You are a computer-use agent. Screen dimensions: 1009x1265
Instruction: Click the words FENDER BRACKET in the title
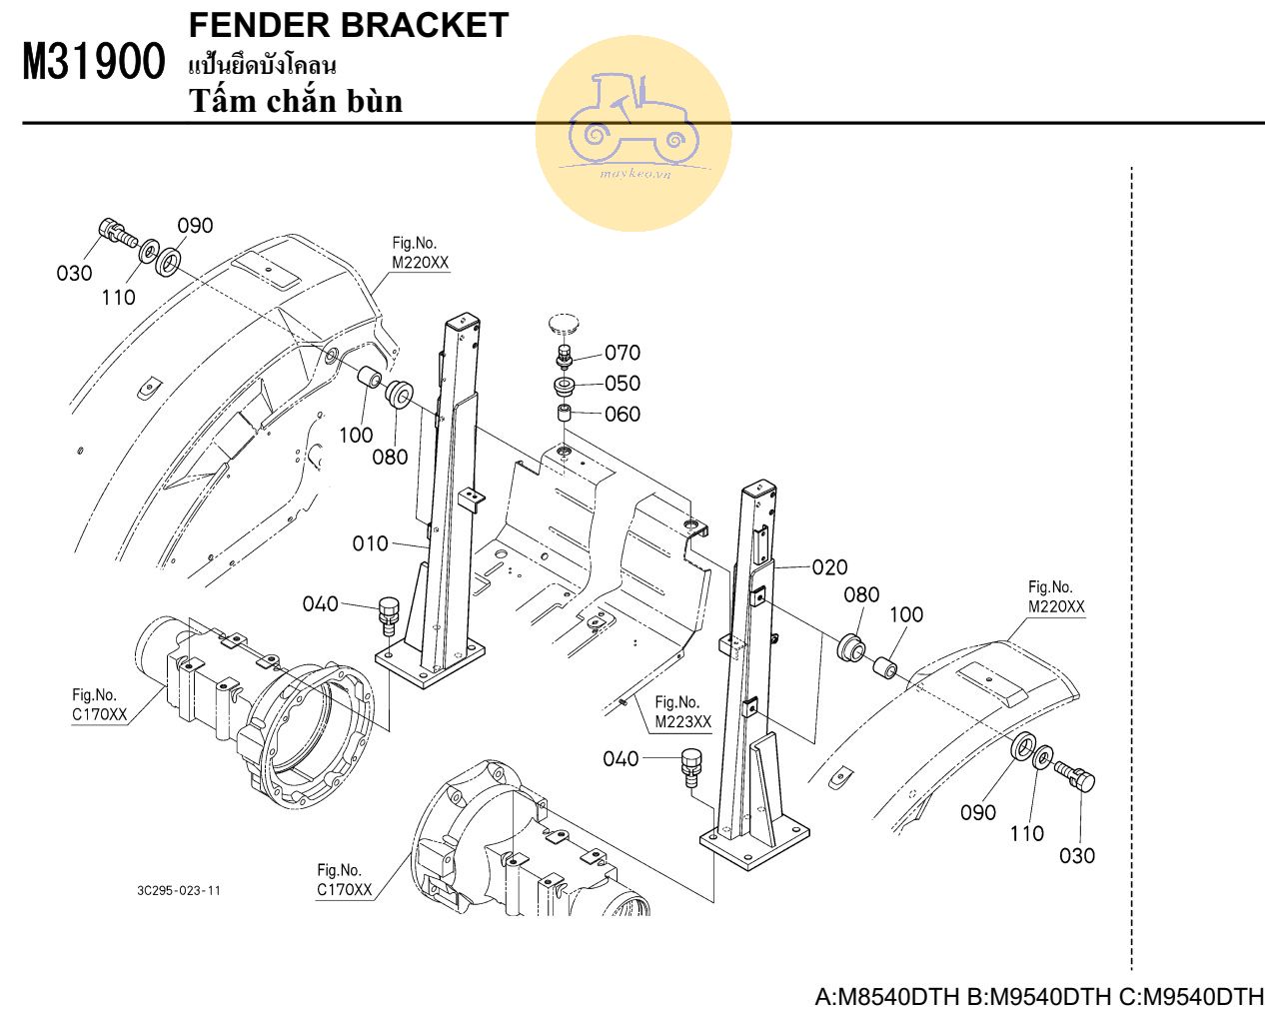pos(348,25)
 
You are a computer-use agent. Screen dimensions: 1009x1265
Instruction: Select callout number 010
pos(370,543)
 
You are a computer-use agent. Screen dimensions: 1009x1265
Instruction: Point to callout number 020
pos(829,567)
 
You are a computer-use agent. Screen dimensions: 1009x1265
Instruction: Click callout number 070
pos(623,353)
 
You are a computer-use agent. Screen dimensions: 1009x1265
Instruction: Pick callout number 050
pos(623,384)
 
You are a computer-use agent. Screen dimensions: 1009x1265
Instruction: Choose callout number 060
pos(623,414)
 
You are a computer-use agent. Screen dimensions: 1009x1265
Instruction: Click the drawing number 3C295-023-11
pos(179,890)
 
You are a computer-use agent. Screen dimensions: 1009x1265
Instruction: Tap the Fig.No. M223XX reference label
pos(682,712)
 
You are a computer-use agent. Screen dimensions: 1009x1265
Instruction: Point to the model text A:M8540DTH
pos(888,996)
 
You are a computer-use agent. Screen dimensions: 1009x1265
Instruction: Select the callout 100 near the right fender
pos(906,614)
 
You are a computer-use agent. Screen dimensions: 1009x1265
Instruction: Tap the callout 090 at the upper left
pos(196,226)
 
